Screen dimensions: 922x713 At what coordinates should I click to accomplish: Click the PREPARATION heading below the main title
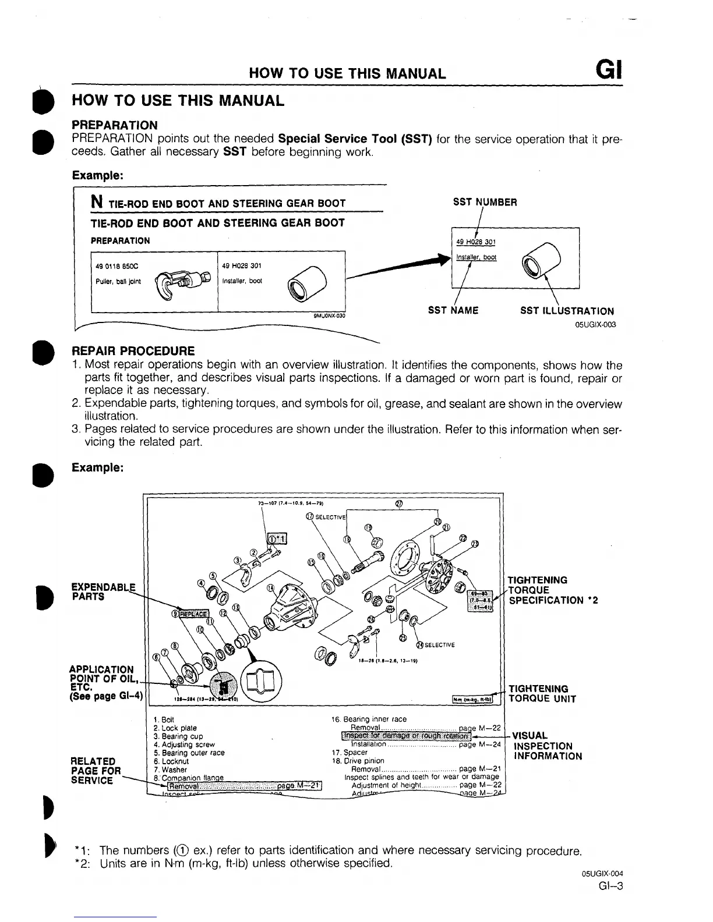(x=114, y=125)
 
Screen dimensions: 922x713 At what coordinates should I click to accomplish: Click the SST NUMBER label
(x=485, y=203)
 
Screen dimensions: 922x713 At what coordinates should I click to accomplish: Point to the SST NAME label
(x=453, y=311)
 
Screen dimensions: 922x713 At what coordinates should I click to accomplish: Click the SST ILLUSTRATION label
(x=566, y=311)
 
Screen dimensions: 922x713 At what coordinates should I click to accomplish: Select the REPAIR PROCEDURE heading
(x=133, y=351)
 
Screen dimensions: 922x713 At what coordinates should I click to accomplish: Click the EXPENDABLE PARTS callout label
(x=103, y=592)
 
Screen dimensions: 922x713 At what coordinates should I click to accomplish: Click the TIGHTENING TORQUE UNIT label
(x=542, y=694)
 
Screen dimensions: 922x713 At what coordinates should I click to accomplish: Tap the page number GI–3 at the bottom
(x=610, y=886)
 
